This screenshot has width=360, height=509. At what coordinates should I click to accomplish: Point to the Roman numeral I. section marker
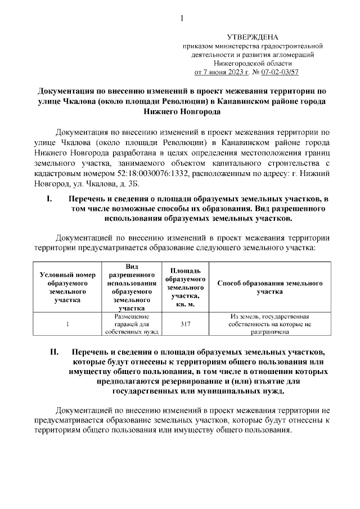pos(49,199)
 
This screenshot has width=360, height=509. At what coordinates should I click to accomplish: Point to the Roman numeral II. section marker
pos(55,352)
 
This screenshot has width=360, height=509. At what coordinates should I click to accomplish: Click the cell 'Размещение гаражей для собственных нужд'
pos(128,324)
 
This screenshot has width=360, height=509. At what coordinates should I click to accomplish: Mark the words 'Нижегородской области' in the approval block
pos(251,64)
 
